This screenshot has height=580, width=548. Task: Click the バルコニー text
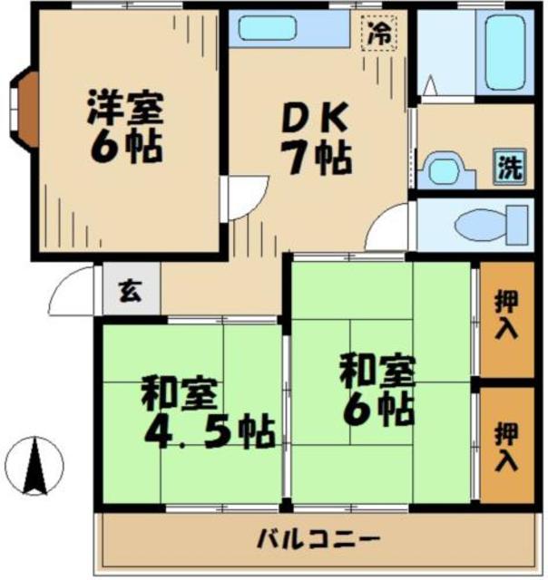(317, 541)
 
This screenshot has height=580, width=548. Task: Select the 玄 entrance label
(131, 292)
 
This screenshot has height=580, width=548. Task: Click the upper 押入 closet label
(507, 314)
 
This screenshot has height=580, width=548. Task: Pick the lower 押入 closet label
(507, 446)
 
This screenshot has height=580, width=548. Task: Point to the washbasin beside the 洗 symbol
(445, 170)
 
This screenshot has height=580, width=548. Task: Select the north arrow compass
(36, 465)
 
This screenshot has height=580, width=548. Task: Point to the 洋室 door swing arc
(241, 196)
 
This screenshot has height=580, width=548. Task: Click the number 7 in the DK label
(292, 159)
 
